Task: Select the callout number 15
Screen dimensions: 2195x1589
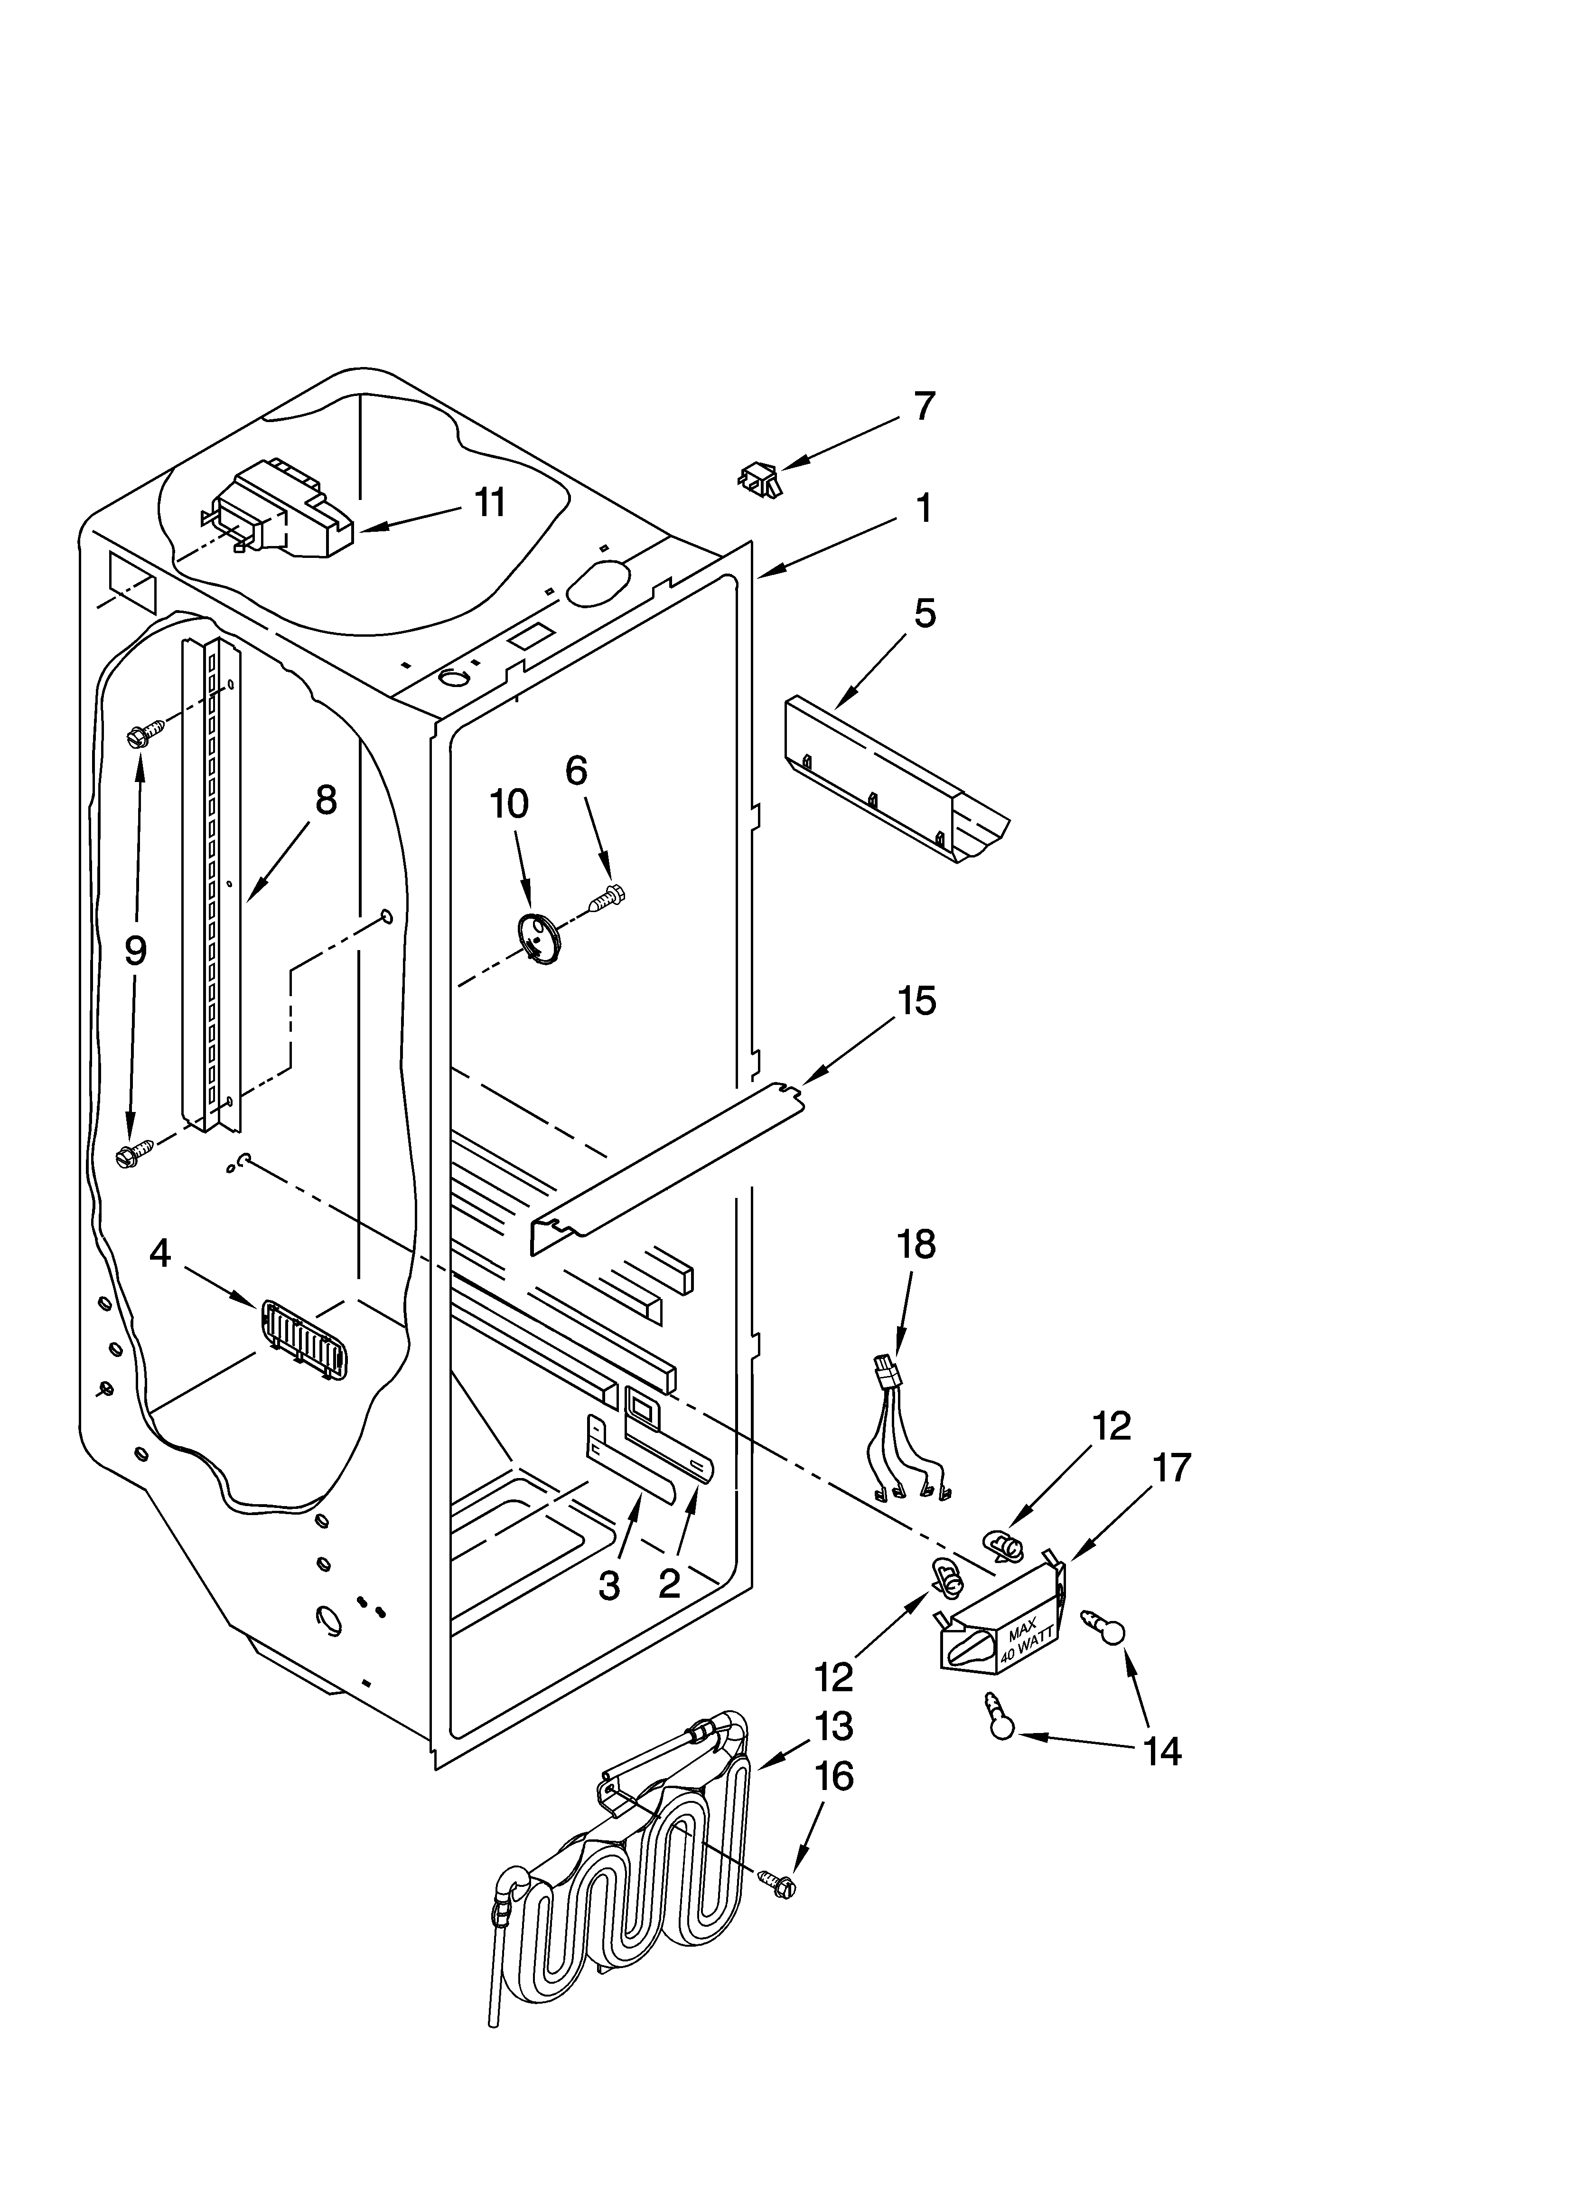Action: coord(916,1001)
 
